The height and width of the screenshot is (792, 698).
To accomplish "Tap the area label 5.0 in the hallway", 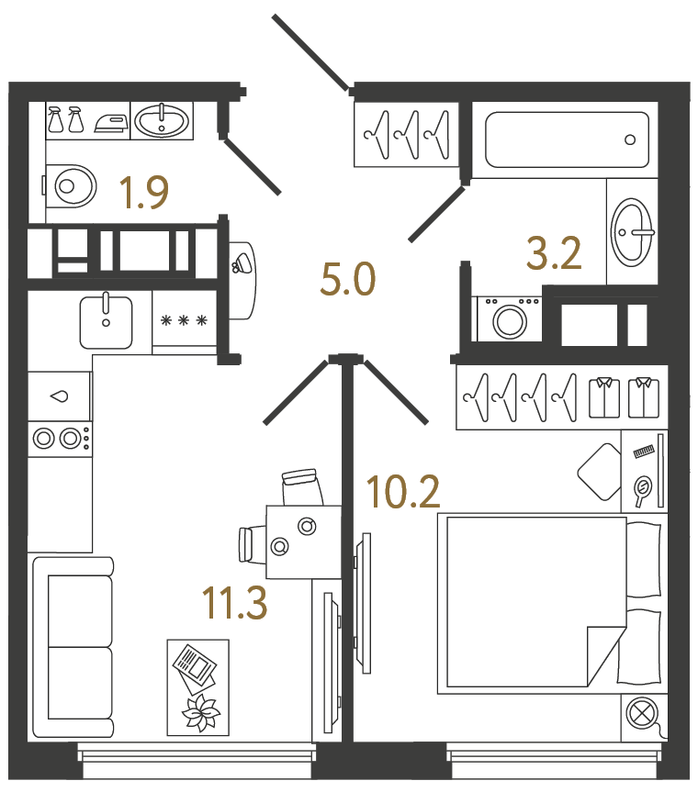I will (x=347, y=278).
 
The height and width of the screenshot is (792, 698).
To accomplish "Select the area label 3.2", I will (x=554, y=252).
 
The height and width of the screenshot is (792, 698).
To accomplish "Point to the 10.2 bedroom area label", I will (x=403, y=493).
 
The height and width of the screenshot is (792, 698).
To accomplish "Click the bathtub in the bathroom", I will (x=566, y=139).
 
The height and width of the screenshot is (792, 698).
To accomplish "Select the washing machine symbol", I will (x=507, y=320).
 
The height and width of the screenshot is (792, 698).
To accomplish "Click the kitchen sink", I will (x=106, y=321).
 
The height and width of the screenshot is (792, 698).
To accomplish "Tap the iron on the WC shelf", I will (x=111, y=121).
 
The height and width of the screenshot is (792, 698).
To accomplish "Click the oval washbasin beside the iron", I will (x=163, y=120).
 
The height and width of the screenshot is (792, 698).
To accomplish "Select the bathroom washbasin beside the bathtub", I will (x=632, y=230).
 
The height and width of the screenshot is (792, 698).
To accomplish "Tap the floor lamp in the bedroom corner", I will (x=640, y=713).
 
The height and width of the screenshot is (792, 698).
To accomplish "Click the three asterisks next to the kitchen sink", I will (x=184, y=320).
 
